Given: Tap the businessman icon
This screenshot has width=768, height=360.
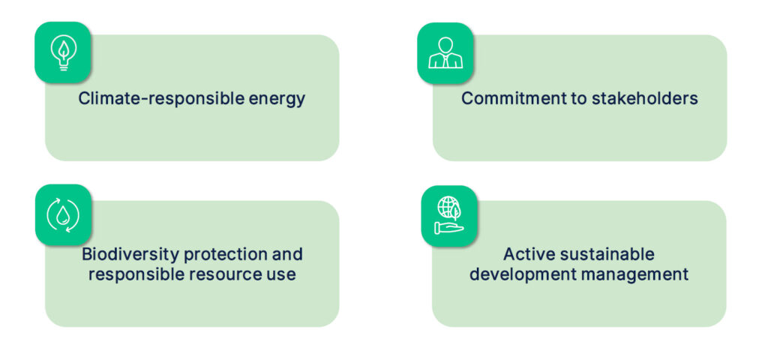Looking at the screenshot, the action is point(445,53).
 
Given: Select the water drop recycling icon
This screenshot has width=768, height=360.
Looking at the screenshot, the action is point(63,214).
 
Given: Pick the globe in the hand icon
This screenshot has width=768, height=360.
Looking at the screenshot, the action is point(449,215).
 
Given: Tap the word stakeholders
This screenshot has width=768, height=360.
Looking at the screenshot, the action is point(644,98).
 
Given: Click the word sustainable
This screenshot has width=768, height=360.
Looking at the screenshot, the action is point(605,254).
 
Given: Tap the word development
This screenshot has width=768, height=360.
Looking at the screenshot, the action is point(523,274).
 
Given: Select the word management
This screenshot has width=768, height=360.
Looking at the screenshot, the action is point(634,274).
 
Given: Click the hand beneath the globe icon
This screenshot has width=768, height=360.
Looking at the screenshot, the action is point(448,228).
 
